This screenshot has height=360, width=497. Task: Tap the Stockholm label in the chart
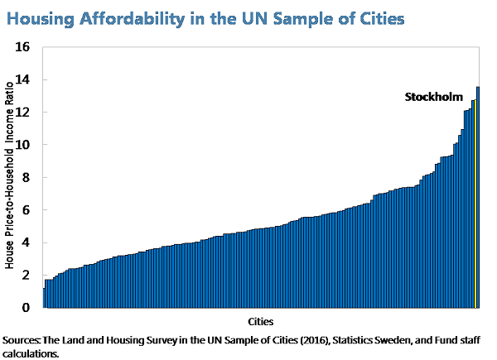click(432, 97)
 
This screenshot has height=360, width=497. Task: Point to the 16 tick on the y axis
click(23, 47)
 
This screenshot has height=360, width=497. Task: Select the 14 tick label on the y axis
click(23, 79)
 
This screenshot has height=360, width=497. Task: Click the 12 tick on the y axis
click(23, 113)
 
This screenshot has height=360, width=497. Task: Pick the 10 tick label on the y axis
click(23, 145)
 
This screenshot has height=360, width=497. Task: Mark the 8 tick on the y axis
click(26, 177)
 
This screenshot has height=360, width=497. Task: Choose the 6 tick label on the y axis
click(26, 210)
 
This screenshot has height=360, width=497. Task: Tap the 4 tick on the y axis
click(26, 242)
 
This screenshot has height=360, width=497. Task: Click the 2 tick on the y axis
click(26, 275)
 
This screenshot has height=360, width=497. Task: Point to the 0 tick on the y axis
click(26, 308)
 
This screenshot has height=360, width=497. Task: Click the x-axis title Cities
click(260, 320)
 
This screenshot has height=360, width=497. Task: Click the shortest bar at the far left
click(44, 298)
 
